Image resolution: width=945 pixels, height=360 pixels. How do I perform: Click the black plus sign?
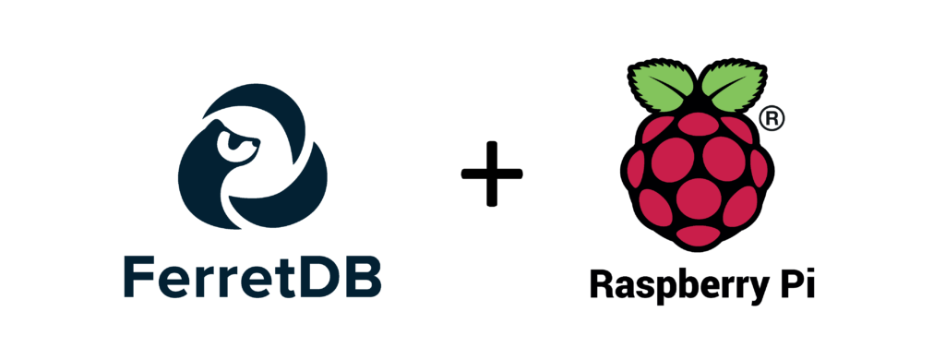tap(492, 173)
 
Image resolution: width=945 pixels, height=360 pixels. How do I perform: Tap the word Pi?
tap(794, 285)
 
